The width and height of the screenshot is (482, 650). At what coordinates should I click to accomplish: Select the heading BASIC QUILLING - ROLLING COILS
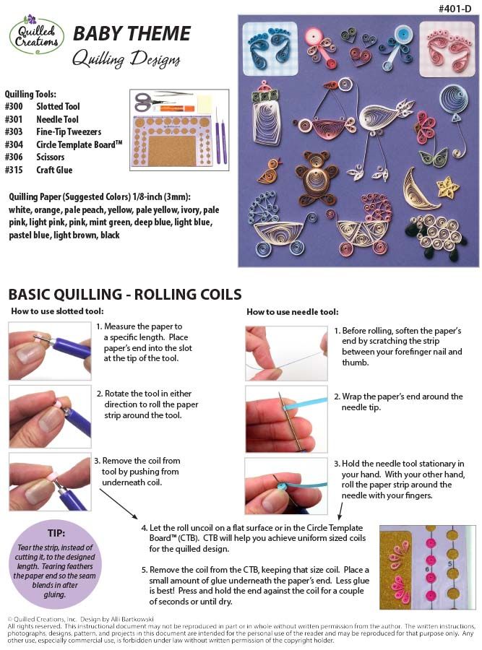(124, 294)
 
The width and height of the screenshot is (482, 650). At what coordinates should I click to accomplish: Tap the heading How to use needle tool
(292, 312)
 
